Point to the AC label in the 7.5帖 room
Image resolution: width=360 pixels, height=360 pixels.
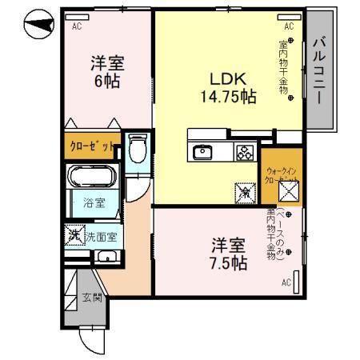click(286, 282)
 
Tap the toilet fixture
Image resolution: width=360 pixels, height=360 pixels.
click(137, 150)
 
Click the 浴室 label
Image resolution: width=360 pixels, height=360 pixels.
click(94, 203)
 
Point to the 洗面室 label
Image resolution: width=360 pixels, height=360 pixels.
click(102, 236)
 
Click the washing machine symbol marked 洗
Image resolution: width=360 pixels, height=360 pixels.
click(74, 236)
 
